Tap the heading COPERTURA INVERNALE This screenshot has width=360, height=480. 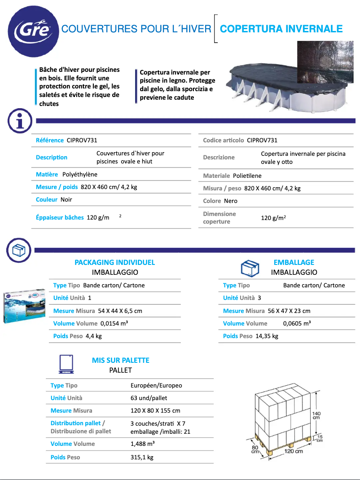[281, 29]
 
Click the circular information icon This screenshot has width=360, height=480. [19, 121]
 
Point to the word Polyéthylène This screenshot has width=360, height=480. [80, 174]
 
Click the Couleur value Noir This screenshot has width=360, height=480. [66, 199]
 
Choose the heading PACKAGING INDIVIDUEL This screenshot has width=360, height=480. [114, 262]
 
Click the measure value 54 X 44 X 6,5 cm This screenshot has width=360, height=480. [120, 311]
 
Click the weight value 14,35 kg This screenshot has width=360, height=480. [267, 336]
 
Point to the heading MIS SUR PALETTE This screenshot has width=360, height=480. [120, 360]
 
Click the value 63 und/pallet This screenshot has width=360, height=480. [149, 398]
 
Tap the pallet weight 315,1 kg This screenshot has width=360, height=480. [142, 457]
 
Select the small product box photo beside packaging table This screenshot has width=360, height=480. [25, 306]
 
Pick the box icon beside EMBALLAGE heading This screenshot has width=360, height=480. [250, 268]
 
